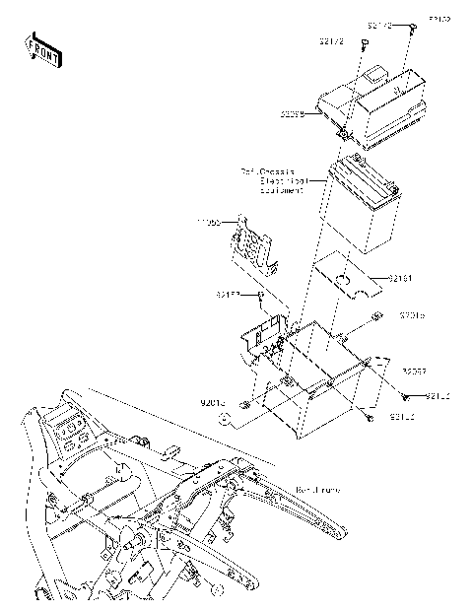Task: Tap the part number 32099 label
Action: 292,115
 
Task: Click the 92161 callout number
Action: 398,279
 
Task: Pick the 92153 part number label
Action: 229,294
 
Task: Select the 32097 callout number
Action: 413,372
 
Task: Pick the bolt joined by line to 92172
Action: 362,45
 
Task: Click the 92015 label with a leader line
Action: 212,402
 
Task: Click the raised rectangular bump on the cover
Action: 373,75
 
